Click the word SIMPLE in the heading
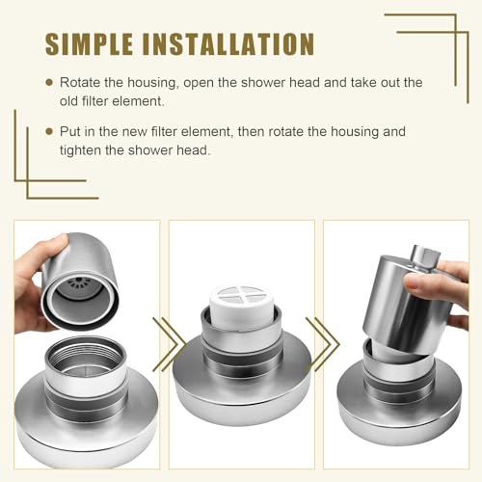89,44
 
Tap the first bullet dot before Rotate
49,83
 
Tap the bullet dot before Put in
49,131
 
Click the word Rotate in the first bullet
80,83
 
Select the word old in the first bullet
69,101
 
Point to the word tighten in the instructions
80,150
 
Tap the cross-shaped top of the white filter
241,294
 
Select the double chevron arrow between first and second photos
168,344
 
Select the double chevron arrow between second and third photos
322,344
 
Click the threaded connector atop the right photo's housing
425,258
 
